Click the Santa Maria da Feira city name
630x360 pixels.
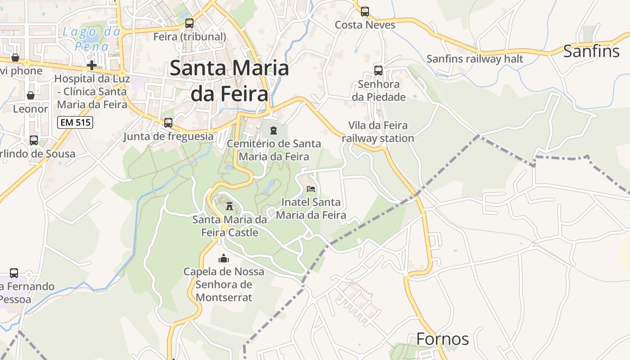point(229,81)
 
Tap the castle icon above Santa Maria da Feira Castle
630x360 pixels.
point(229,207)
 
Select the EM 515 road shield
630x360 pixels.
point(75,122)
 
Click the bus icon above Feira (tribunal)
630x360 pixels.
point(189,23)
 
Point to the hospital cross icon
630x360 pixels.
point(91,65)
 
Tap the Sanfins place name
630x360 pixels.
point(591,51)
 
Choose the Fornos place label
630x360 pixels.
point(442,339)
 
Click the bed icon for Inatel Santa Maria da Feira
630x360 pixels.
point(310,189)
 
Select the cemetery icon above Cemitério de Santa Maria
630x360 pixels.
point(273,131)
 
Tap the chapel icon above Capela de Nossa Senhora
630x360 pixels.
point(223,258)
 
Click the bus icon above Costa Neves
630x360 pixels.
point(364,12)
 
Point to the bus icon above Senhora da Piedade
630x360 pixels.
point(378,71)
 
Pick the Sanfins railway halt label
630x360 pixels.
point(475,59)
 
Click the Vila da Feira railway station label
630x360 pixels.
point(378,132)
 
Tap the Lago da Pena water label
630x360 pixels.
point(92,39)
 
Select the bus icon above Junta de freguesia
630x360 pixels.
point(168,122)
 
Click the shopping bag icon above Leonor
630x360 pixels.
point(31,95)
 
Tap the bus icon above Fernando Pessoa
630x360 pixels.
point(14,273)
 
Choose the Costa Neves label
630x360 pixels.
point(365,25)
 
